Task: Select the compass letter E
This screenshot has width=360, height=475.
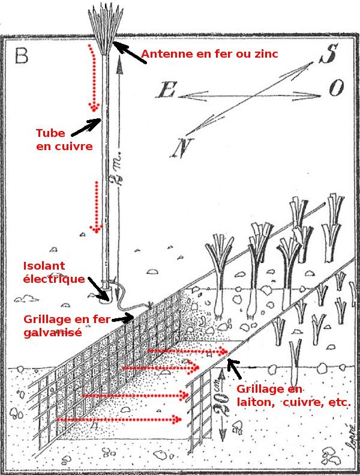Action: click(x=166, y=91)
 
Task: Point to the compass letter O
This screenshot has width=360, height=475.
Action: click(x=336, y=89)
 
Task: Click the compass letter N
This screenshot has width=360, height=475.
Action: click(x=179, y=148)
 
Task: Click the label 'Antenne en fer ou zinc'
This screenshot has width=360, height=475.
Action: click(x=210, y=56)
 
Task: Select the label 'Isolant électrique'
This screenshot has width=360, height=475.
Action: click(x=53, y=272)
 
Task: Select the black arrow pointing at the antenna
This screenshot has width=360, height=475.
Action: click(x=126, y=52)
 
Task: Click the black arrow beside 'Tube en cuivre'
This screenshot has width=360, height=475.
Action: click(x=86, y=126)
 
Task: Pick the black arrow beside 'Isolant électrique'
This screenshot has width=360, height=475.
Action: click(x=99, y=287)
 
